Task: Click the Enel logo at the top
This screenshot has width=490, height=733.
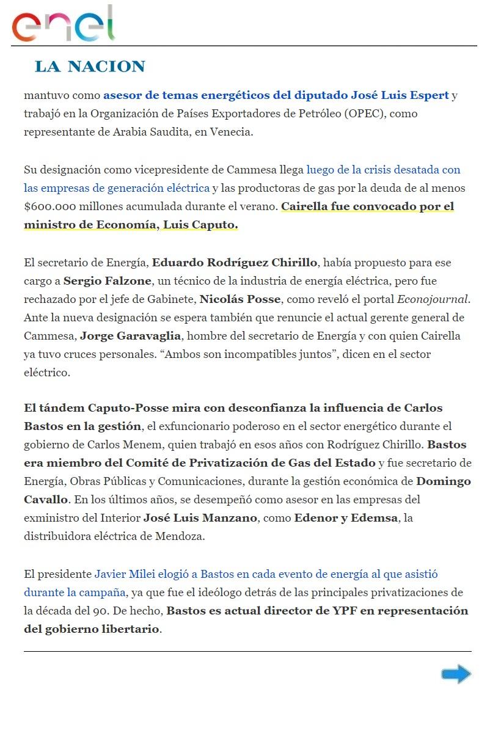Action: (64, 24)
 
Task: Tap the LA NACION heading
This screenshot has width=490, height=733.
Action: (90, 67)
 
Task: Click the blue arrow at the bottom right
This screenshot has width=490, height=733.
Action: (456, 674)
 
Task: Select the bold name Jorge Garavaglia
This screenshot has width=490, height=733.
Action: (122, 336)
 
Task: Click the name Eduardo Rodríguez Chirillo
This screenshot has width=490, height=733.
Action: (235, 263)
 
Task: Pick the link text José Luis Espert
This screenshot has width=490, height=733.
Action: (400, 95)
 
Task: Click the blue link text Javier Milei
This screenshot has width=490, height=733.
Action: (123, 574)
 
